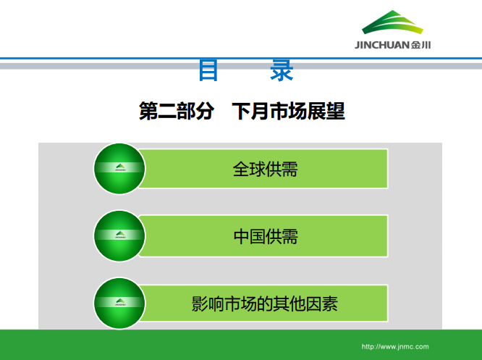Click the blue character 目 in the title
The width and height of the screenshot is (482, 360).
210,71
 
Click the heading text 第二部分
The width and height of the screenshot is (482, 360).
176,112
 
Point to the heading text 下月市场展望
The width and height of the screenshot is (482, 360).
288,112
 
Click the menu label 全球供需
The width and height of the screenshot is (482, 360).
265,169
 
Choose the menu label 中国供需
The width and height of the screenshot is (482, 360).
265,236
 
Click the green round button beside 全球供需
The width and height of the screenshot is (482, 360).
119,169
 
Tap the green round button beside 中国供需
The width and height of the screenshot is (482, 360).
119,235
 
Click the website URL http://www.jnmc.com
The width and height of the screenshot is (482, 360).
395,346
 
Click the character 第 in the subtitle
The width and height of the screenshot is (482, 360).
148,112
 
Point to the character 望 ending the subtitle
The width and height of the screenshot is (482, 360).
335,112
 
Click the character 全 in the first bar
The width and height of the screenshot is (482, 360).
240,169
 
